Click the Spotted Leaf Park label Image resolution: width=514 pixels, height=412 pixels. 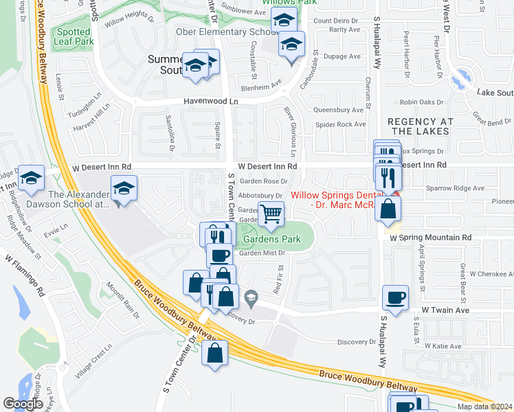point(74,37)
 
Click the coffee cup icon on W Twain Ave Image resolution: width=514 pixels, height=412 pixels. point(395,297)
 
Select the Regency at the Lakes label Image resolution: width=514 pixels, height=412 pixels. point(421,126)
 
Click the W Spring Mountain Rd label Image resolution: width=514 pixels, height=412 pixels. point(429,237)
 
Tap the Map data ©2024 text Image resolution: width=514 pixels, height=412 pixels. point(484,407)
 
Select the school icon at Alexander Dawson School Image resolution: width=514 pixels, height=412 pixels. point(124,188)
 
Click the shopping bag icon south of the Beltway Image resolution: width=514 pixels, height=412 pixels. point(214,353)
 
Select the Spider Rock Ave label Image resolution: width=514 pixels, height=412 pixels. point(339,124)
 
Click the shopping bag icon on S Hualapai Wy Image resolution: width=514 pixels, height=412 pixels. point(388,207)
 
